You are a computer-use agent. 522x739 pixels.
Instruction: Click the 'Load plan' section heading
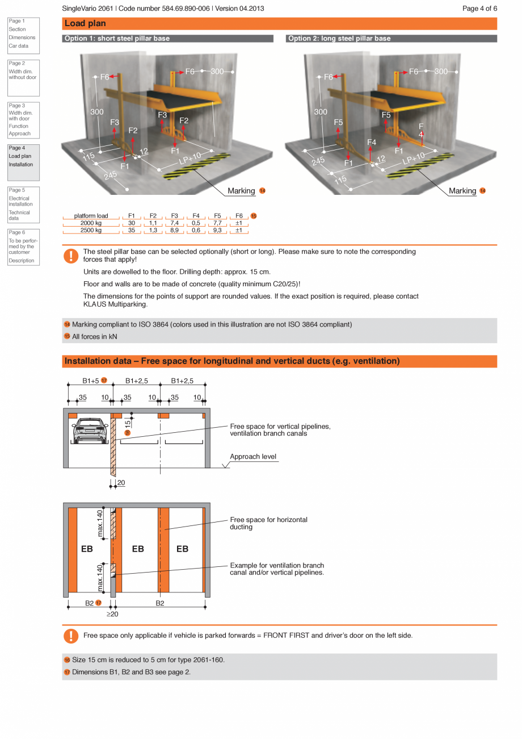click(85, 23)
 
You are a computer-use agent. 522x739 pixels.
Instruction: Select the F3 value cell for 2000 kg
click(174, 223)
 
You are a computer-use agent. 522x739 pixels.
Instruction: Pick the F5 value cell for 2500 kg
click(217, 230)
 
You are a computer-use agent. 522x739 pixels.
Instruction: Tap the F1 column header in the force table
click(132, 216)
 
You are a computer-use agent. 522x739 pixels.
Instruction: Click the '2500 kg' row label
click(91, 230)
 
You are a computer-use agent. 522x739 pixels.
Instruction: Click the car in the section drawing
click(90, 431)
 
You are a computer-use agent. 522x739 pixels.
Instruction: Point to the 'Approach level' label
click(253, 457)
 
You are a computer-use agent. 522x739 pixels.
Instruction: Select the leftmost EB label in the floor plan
click(87, 549)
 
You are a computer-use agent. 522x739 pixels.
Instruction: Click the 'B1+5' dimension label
click(91, 381)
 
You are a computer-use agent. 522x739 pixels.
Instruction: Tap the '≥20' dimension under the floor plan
click(112, 614)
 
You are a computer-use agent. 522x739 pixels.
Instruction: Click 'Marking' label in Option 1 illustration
click(241, 191)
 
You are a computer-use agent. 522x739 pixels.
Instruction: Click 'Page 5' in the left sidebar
click(17, 190)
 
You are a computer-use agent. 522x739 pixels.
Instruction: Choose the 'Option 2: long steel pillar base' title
click(339, 39)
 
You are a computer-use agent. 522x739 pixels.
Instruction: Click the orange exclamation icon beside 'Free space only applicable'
click(71, 636)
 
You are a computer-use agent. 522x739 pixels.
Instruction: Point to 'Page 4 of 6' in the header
click(479, 9)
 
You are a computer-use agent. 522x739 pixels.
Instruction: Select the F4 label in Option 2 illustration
click(372, 142)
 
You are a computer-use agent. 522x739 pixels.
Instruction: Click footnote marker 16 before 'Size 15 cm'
click(67, 660)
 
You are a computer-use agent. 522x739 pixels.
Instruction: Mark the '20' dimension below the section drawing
click(121, 483)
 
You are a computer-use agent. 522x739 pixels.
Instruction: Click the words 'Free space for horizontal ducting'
click(268, 523)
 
